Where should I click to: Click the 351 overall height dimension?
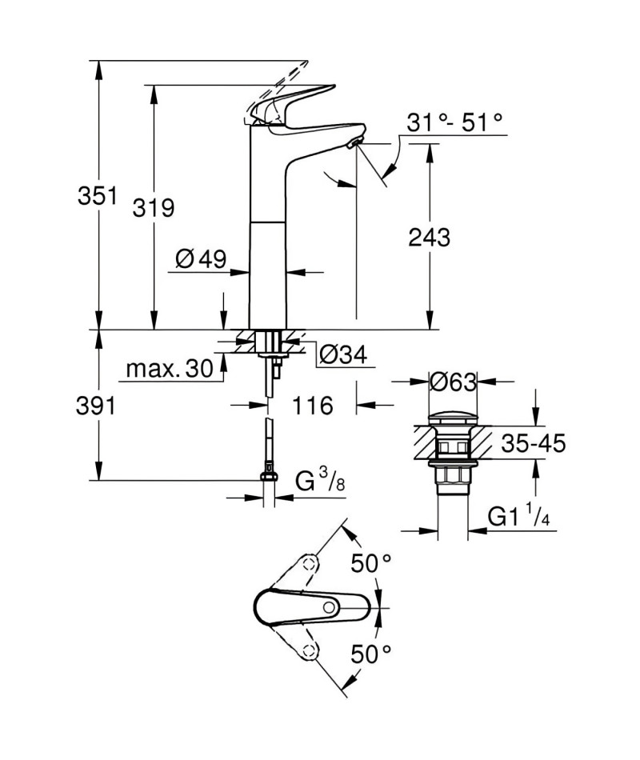pyautogui.click(x=98, y=196)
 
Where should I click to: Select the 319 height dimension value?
pyautogui.click(x=154, y=208)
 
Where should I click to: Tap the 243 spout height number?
pyautogui.click(x=429, y=238)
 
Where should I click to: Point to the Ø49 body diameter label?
pyautogui.click(x=201, y=259)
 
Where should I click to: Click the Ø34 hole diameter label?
pyautogui.click(x=343, y=354)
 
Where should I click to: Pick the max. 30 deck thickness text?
pyautogui.click(x=170, y=369)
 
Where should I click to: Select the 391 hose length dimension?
pyautogui.click(x=96, y=406)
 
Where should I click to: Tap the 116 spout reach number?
pyautogui.click(x=313, y=406)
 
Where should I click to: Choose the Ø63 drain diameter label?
pyautogui.click(x=454, y=382)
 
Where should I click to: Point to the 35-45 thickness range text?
pyautogui.click(x=534, y=443)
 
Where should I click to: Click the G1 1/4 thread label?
pyautogui.click(x=518, y=517)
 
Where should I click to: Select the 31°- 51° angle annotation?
pyautogui.click(x=454, y=122)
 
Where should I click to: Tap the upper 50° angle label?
pyautogui.click(x=371, y=562)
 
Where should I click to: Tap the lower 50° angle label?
pyautogui.click(x=371, y=654)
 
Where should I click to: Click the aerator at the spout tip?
pyautogui.click(x=356, y=142)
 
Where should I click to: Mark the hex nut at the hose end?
pyautogui.click(x=269, y=477)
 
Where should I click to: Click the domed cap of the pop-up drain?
pyautogui.click(x=454, y=419)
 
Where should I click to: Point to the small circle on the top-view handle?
pyautogui.click(x=330, y=607)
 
